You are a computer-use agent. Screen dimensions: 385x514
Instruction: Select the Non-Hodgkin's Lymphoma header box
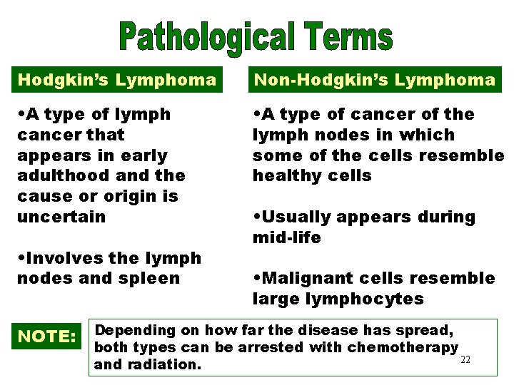375,80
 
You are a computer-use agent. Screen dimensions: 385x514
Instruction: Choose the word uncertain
61,217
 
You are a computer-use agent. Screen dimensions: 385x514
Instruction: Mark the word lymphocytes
366,299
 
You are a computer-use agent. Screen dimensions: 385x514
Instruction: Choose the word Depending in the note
136,331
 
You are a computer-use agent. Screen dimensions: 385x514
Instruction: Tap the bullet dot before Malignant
256,278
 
